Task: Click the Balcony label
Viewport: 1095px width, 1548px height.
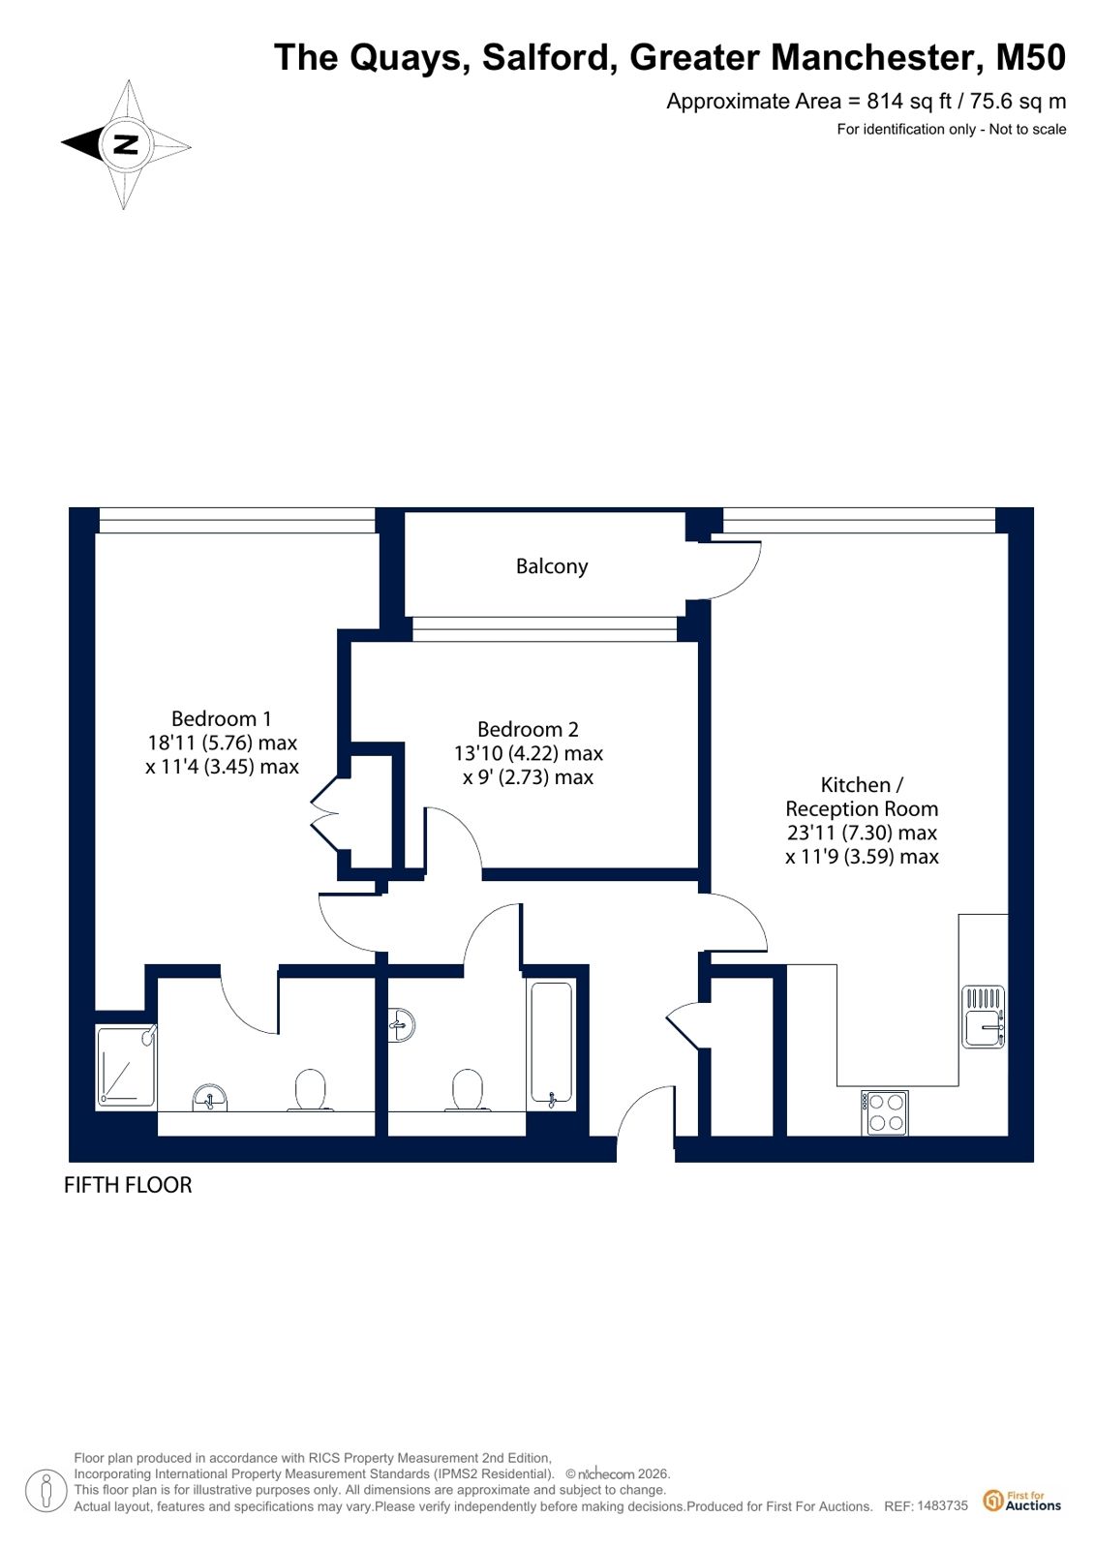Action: click(552, 566)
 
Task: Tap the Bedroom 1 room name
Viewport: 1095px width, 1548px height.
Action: click(221, 718)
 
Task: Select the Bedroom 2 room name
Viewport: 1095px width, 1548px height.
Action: click(528, 729)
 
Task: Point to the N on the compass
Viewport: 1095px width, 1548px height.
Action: click(126, 144)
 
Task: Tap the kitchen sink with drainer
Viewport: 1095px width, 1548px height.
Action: click(983, 1017)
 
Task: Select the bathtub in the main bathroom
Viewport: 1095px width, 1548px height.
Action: click(552, 1043)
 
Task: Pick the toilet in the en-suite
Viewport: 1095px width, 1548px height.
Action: click(310, 1091)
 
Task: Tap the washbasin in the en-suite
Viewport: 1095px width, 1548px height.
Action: click(209, 1098)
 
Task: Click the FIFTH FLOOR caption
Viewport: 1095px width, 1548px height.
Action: click(128, 1185)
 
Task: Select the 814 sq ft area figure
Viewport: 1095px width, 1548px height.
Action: click(909, 102)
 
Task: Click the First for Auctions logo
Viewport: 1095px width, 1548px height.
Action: click(1021, 1501)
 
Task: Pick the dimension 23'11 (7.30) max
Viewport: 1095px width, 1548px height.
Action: click(862, 833)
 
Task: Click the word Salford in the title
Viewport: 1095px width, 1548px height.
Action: click(550, 58)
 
